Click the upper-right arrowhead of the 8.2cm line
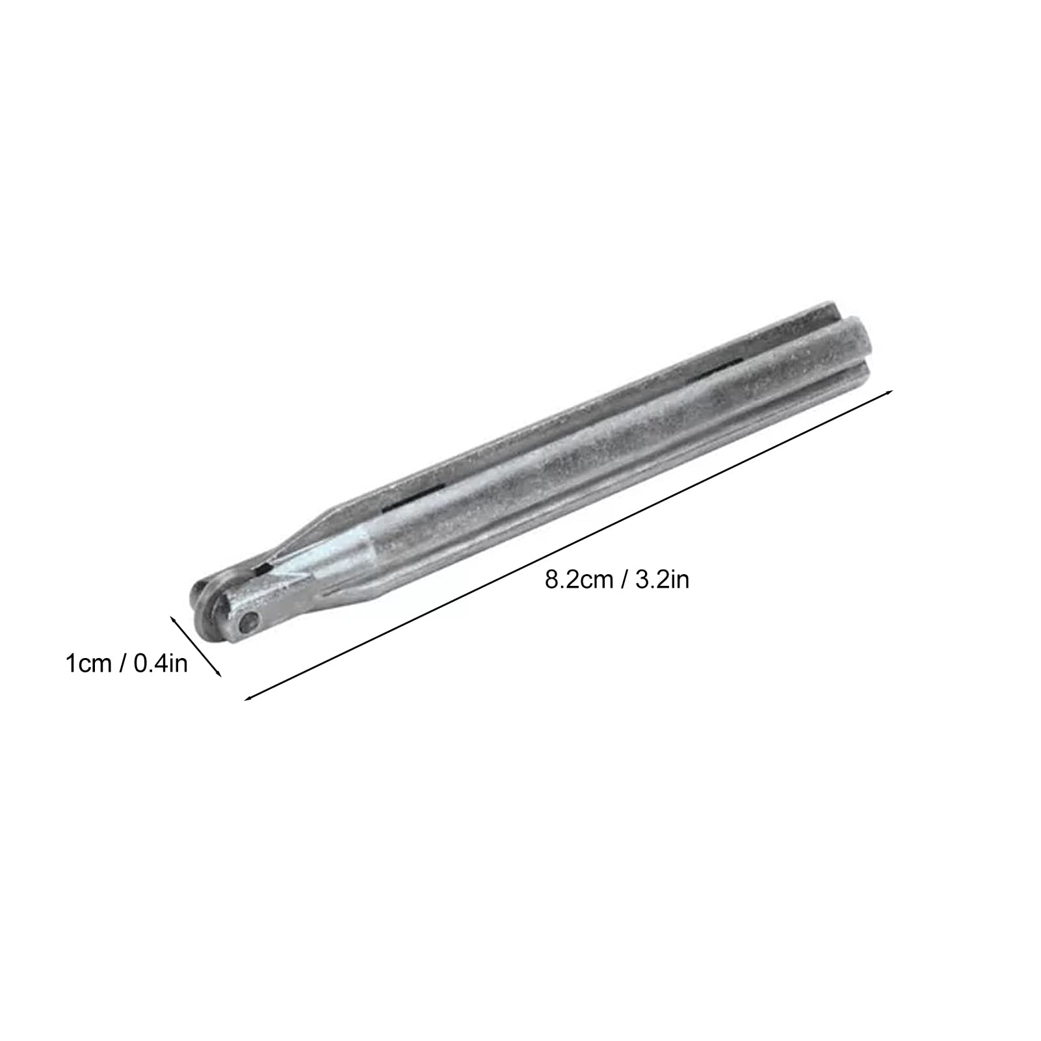point(889,393)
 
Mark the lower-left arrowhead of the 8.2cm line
point(248,698)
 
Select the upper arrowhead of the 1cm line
point(173,620)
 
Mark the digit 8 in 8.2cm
point(551,579)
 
